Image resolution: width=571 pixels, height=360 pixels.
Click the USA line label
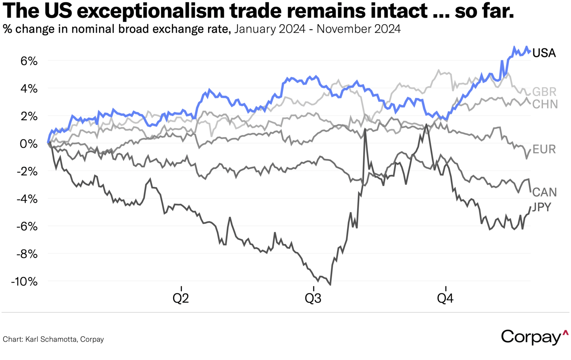point(544,53)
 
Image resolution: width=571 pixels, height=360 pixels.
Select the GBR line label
point(544,92)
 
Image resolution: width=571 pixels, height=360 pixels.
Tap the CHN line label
point(545,104)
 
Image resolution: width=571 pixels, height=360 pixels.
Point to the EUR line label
point(544,149)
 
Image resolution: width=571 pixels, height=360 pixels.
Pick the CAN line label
point(544,192)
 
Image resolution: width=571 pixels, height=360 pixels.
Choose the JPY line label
point(541,207)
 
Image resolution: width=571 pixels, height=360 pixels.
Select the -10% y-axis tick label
point(24,282)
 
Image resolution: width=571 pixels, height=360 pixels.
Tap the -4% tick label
point(27,199)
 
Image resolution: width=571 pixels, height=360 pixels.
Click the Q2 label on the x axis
point(181,298)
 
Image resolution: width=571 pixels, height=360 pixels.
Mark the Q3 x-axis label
point(313,298)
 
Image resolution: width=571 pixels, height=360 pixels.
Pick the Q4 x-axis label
point(445,298)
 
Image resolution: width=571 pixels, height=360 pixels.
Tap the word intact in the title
point(400,11)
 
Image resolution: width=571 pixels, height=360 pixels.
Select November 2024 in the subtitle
point(359,29)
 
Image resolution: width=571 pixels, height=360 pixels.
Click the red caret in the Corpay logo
point(565,333)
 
